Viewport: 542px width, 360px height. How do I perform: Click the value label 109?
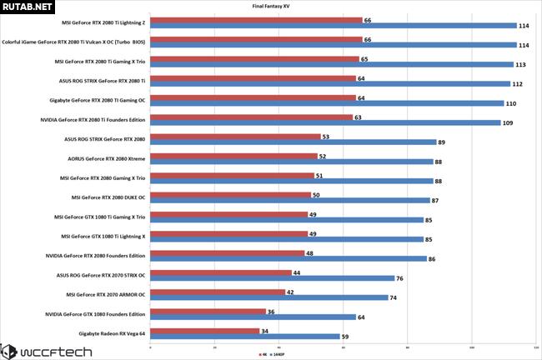(x=508, y=123)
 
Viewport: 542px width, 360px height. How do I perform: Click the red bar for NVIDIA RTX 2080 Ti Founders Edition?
(x=251, y=117)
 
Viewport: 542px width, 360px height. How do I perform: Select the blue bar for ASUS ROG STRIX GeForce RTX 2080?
(x=292, y=142)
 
